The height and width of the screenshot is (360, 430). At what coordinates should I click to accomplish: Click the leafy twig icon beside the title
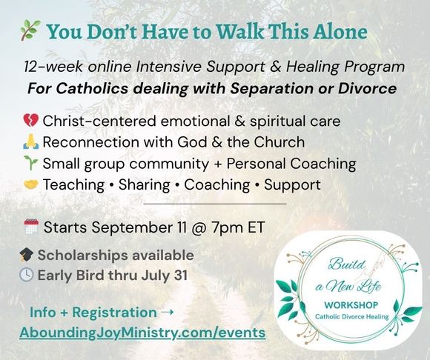coord(30,30)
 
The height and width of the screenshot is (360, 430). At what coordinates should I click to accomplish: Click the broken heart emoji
coord(30,121)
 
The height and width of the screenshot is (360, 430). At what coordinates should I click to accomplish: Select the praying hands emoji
coord(31,141)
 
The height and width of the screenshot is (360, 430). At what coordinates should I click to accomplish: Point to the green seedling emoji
coord(30,163)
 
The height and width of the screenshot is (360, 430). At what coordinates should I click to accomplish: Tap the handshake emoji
coord(30,184)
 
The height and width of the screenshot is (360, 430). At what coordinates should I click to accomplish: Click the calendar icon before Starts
coord(31,227)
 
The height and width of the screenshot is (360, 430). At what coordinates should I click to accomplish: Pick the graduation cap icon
coord(27,255)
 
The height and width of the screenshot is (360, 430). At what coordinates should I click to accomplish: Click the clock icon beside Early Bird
coord(27,275)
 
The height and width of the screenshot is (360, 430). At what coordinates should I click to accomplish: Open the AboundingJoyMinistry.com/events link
coord(142,333)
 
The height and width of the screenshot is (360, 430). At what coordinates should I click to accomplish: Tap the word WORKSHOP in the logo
coord(351,305)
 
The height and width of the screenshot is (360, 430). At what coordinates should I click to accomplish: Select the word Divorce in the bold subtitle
coord(367,88)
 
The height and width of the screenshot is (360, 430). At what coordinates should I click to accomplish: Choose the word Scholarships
coord(83,256)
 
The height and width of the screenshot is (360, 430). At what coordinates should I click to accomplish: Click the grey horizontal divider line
coord(215,204)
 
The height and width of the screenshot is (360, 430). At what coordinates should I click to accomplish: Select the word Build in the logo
coord(347,264)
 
